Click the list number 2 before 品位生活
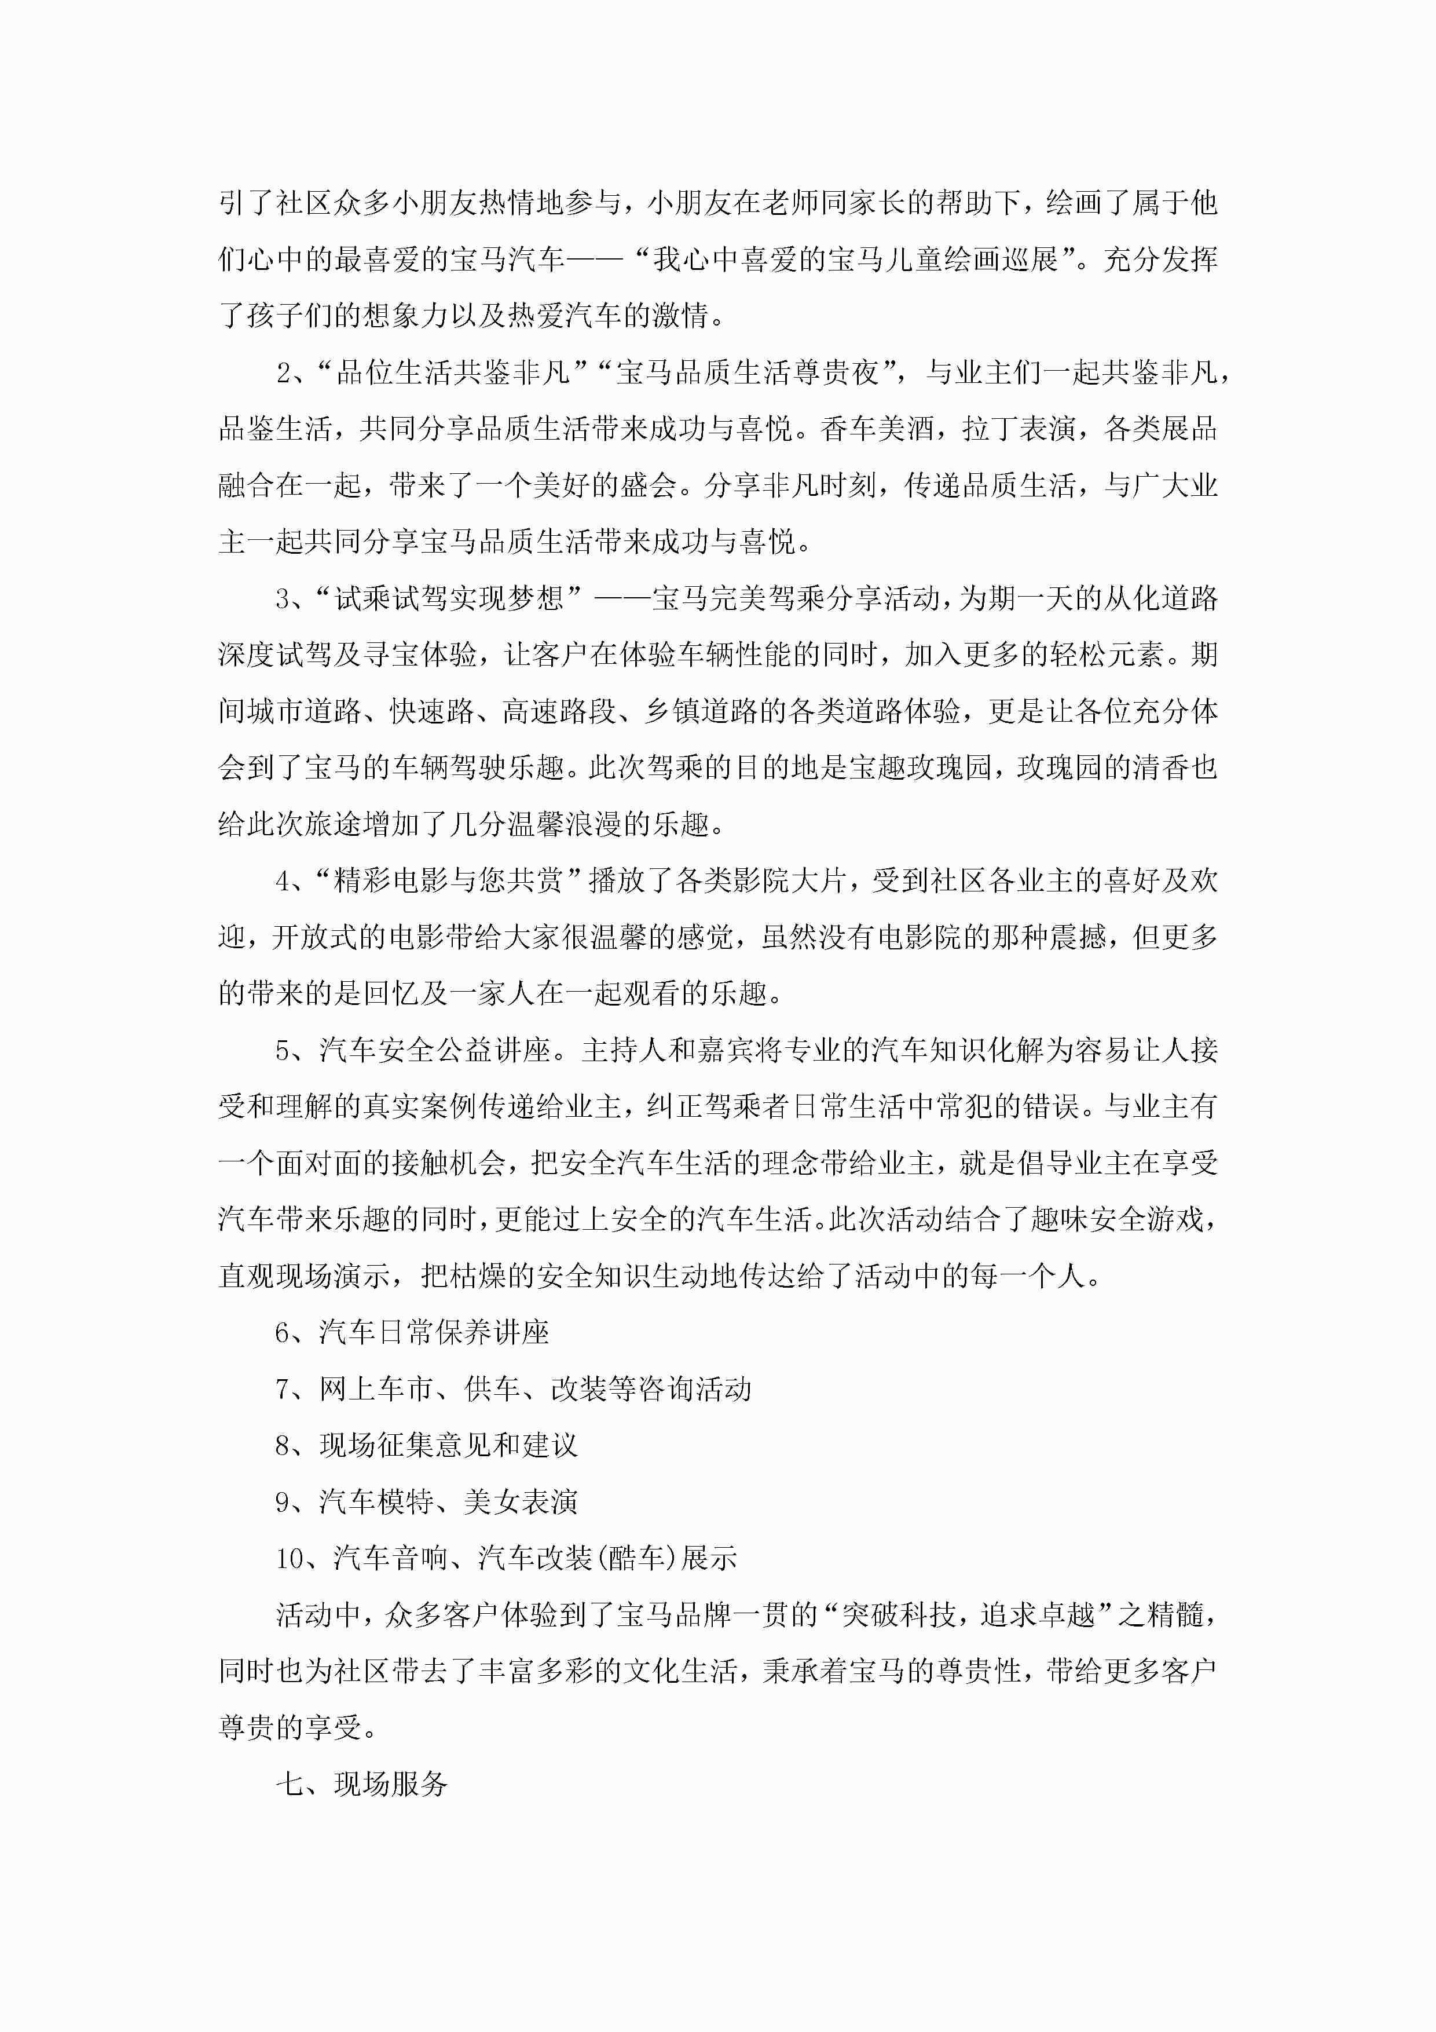tap(284, 372)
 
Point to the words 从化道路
tap(1161, 599)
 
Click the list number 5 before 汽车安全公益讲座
tap(283, 1051)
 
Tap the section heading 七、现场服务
tap(362, 1784)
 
